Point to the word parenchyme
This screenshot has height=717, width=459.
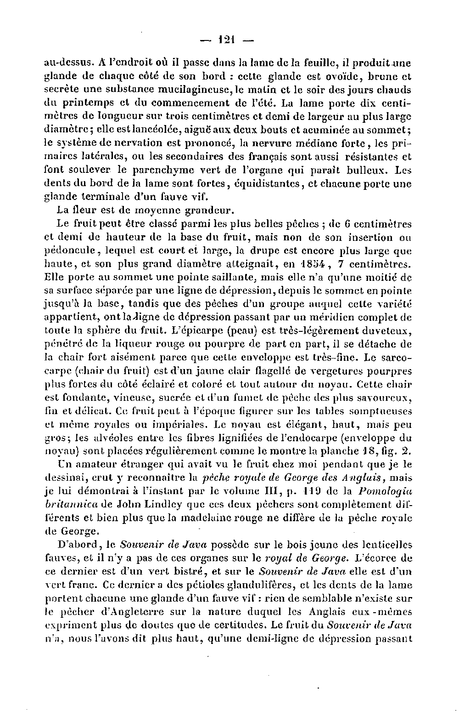pos(158,170)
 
